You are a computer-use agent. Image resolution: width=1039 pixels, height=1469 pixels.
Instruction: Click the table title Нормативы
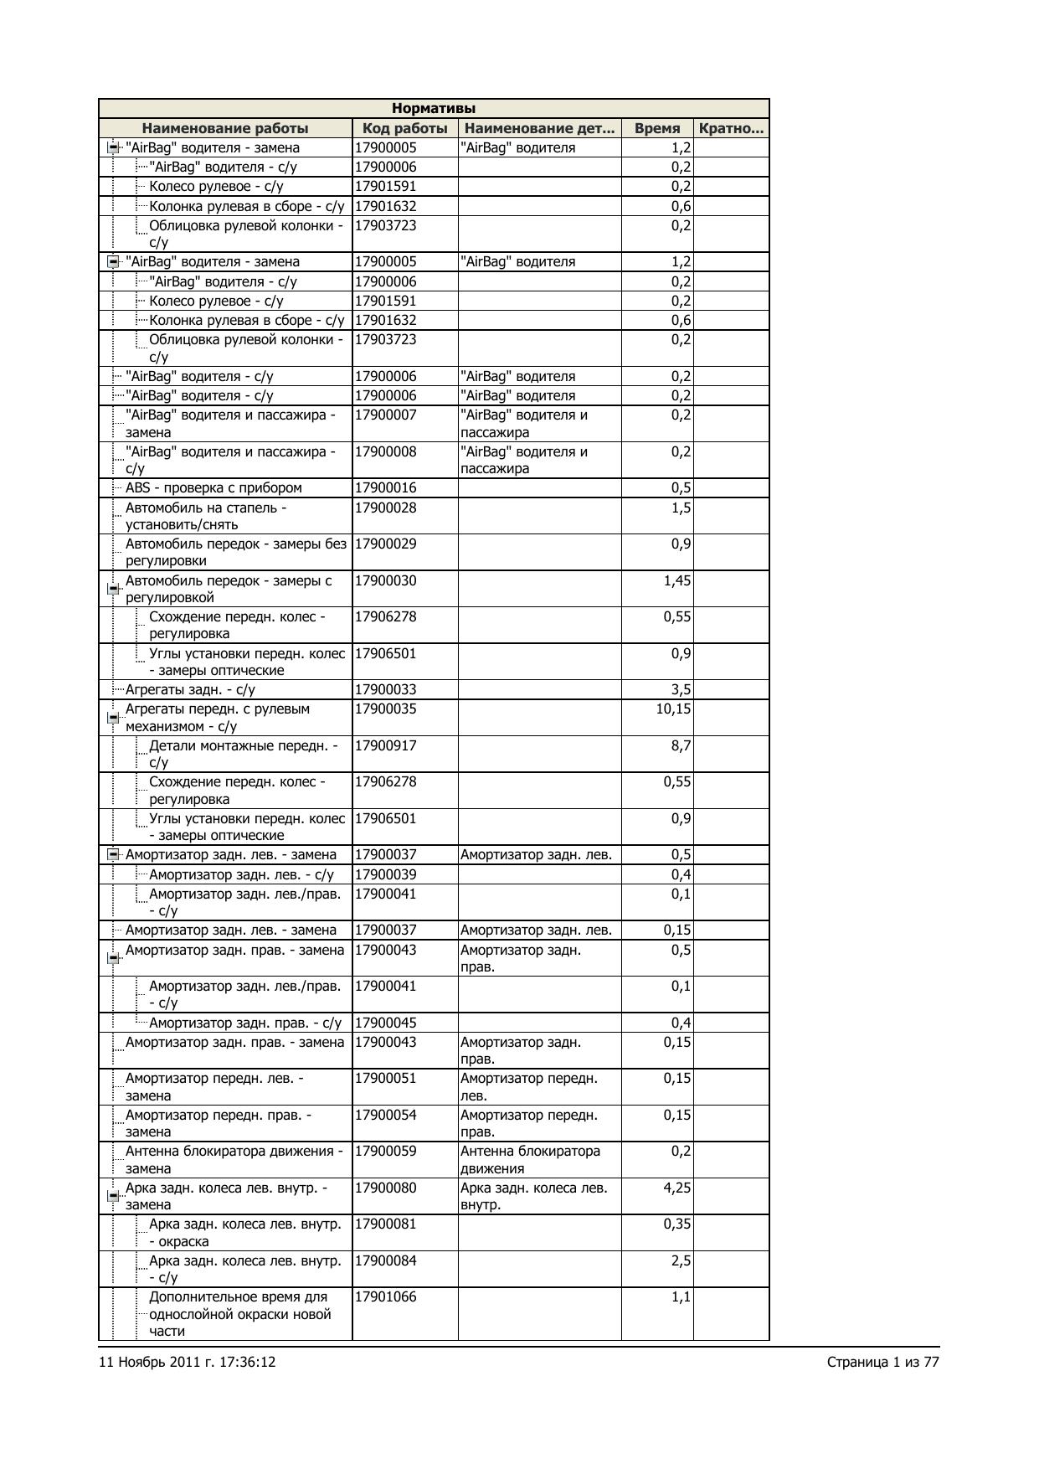click(x=434, y=109)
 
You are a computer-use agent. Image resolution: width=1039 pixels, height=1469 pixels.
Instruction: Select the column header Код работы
click(x=404, y=128)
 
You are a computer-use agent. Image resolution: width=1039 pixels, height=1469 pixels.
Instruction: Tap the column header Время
click(x=657, y=128)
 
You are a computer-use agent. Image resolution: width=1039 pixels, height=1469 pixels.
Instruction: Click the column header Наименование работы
click(x=224, y=128)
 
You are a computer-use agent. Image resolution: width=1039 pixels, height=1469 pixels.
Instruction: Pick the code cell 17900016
click(x=386, y=488)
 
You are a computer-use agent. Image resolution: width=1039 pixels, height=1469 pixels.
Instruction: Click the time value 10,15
click(x=674, y=709)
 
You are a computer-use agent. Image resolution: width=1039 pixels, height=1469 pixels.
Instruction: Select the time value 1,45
click(x=677, y=581)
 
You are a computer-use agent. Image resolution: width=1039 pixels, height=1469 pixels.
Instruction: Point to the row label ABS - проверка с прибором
click(x=213, y=488)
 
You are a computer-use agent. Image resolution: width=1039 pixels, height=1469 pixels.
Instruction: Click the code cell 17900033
click(x=386, y=690)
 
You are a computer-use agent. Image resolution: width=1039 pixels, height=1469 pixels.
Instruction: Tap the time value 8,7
click(x=681, y=746)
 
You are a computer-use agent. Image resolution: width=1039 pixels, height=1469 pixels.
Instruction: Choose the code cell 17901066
click(x=386, y=1297)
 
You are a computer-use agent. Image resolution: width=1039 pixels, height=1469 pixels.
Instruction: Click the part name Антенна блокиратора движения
click(x=530, y=1160)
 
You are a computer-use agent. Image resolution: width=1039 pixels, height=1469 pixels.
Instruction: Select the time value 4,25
click(x=677, y=1188)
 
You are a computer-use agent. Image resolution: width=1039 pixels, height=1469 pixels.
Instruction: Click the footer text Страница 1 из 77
click(x=882, y=1363)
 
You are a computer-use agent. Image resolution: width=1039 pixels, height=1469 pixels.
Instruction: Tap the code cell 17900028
click(x=386, y=508)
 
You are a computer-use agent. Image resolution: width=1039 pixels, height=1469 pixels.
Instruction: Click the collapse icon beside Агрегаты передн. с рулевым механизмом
click(x=113, y=718)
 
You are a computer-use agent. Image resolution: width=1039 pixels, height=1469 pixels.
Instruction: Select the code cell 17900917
click(x=386, y=746)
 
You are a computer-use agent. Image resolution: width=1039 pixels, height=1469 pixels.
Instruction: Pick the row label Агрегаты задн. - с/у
click(x=190, y=690)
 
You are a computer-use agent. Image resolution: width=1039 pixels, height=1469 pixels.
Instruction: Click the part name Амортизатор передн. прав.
click(x=528, y=1124)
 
